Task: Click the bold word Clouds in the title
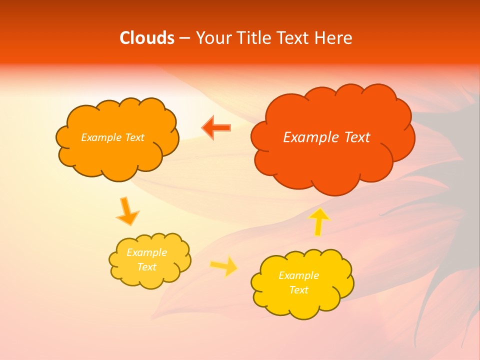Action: tap(146, 38)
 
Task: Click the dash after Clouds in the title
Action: tap(184, 38)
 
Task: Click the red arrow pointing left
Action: tap(216, 128)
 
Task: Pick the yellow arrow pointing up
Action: tap(318, 221)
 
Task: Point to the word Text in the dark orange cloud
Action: tap(134, 137)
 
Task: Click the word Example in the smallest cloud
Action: tap(147, 252)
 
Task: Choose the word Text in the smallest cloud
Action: tap(147, 267)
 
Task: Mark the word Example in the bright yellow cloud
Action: tap(298, 275)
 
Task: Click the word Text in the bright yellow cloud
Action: tap(298, 290)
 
